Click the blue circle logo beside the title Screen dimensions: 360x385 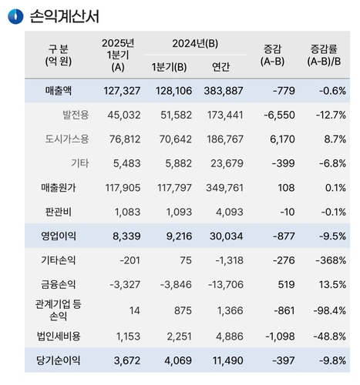pyautogui.click(x=15, y=16)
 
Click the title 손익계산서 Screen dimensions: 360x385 pyautogui.click(x=65, y=16)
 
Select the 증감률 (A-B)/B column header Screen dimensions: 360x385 pyautogui.click(x=324, y=55)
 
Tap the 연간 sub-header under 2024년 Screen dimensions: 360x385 pyautogui.click(x=220, y=67)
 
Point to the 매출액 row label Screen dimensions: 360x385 pyautogui.click(x=59, y=91)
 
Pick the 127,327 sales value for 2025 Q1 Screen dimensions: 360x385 pyautogui.click(x=122, y=91)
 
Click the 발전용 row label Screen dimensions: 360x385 pyautogui.click(x=76, y=115)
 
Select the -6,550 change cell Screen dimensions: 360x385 pyautogui.click(x=279, y=115)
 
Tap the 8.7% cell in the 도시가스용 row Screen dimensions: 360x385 pyautogui.click(x=335, y=139)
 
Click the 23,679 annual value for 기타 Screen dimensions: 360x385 pyautogui.click(x=227, y=163)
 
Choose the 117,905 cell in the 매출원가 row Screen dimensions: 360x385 pyautogui.click(x=123, y=188)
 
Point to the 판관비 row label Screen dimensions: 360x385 pyautogui.click(x=59, y=212)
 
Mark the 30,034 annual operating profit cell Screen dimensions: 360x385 pyautogui.click(x=227, y=236)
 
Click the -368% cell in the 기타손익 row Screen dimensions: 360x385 pyautogui.click(x=331, y=260)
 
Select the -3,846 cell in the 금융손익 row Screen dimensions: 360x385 pyautogui.click(x=176, y=285)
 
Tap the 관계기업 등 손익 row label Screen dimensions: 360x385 pyautogui.click(x=59, y=310)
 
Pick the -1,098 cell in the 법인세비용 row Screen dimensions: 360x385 pyautogui.click(x=280, y=336)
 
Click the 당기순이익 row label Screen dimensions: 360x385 pyautogui.click(x=59, y=360)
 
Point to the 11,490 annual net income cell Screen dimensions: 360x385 pyautogui.click(x=227, y=360)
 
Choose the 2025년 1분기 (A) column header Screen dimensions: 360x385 pyautogui.click(x=118, y=55)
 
